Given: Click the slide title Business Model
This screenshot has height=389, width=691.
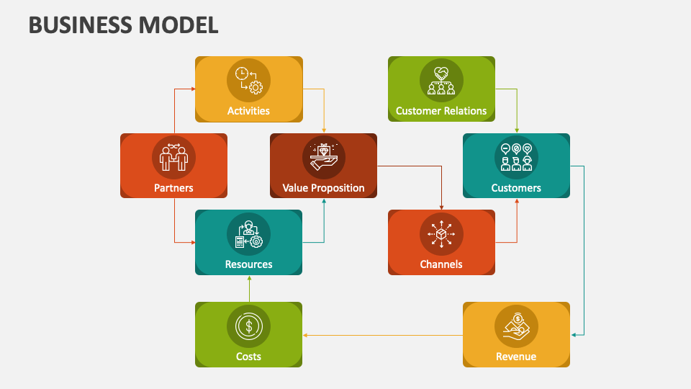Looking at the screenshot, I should [x=123, y=24].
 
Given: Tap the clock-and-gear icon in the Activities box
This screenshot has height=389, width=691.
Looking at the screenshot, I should [x=248, y=80].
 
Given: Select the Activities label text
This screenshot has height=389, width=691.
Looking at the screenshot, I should [x=248, y=111].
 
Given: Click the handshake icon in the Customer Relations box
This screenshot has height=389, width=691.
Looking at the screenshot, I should [x=441, y=80].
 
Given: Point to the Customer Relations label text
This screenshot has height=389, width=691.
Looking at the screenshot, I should [x=441, y=111].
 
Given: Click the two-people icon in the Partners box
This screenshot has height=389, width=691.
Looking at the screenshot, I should [x=173, y=156].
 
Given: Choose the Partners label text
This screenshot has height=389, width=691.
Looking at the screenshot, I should [x=173, y=188].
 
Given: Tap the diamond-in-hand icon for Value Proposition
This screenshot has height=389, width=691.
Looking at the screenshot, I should [x=323, y=156].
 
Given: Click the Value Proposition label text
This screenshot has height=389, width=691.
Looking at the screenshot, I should [x=323, y=188].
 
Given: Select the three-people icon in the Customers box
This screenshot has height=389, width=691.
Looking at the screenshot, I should [x=516, y=156].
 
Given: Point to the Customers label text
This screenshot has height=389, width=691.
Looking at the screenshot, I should [x=516, y=188].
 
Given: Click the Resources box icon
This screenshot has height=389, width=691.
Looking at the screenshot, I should [x=248, y=233].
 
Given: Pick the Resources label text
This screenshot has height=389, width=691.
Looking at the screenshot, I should [x=248, y=264].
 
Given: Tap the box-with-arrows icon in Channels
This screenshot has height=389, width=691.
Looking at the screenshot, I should [x=441, y=233].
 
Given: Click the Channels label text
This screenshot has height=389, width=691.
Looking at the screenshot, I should [x=441, y=264].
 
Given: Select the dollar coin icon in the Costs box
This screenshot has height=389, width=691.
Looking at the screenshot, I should [x=248, y=326].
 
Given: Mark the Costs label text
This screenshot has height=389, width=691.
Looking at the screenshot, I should [x=248, y=357].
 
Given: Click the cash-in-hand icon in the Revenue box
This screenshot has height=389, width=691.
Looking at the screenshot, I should [x=516, y=326].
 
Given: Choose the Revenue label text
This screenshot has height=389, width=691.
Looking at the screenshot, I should [x=516, y=357].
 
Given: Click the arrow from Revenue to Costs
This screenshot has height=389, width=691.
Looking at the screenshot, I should [x=382, y=335].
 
